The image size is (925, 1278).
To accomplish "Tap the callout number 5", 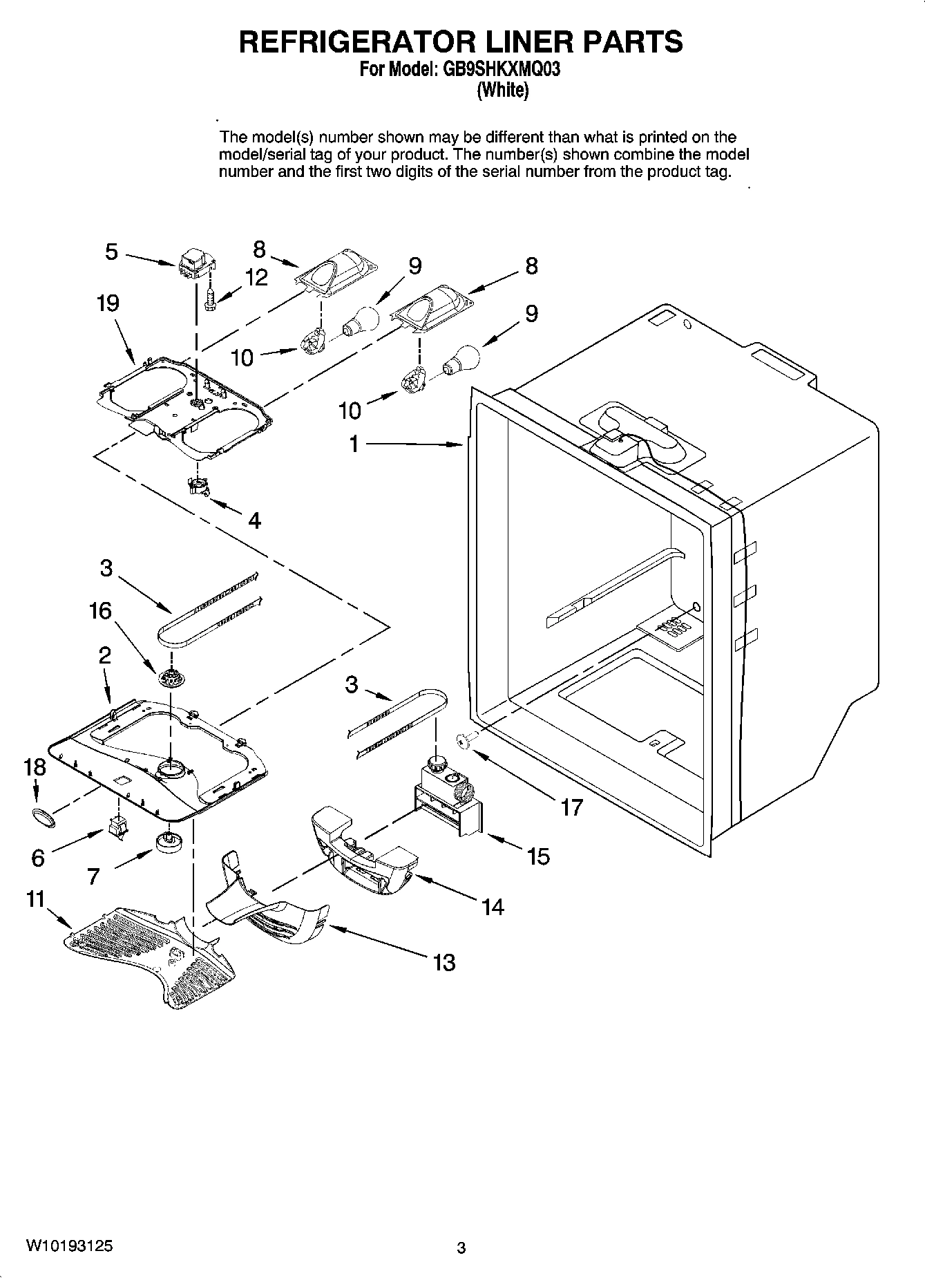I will click(112, 252).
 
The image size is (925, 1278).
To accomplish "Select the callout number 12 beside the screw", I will click(256, 278).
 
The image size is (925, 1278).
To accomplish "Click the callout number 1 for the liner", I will click(354, 444).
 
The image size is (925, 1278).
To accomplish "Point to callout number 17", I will click(572, 807).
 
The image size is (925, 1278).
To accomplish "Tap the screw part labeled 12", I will click(211, 300).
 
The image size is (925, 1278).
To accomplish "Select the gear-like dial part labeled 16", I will click(168, 679).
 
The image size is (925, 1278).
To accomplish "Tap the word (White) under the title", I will click(503, 90).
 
